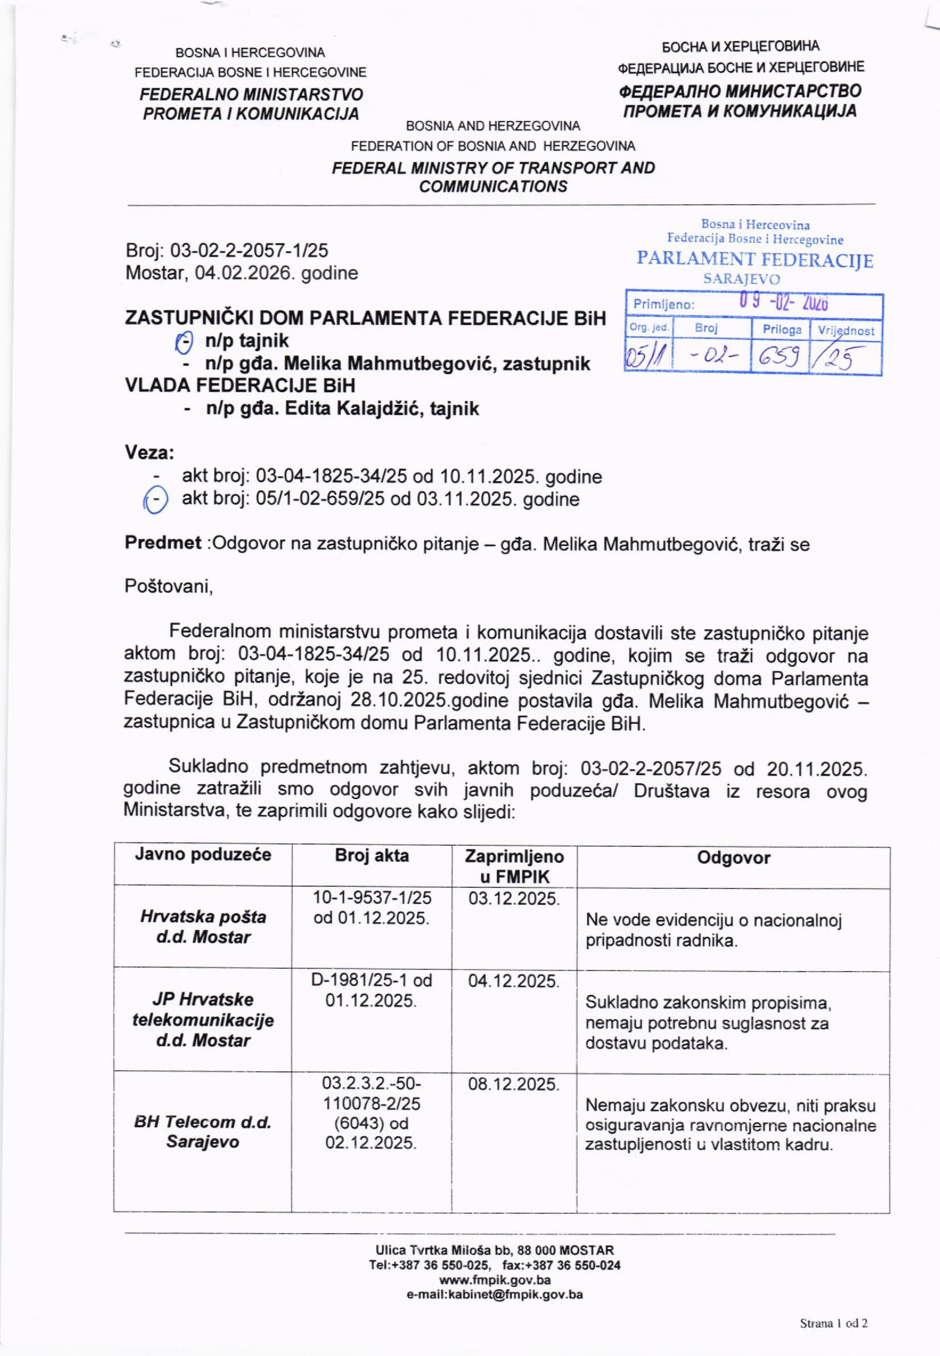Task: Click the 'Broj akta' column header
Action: [372, 855]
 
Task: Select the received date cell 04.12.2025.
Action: [513, 981]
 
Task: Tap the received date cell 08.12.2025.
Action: [513, 1084]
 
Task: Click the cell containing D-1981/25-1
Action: [372, 991]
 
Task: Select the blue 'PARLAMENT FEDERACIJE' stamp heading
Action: [755, 260]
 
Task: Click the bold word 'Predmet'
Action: [163, 542]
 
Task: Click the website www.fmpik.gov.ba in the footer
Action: [495, 1280]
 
